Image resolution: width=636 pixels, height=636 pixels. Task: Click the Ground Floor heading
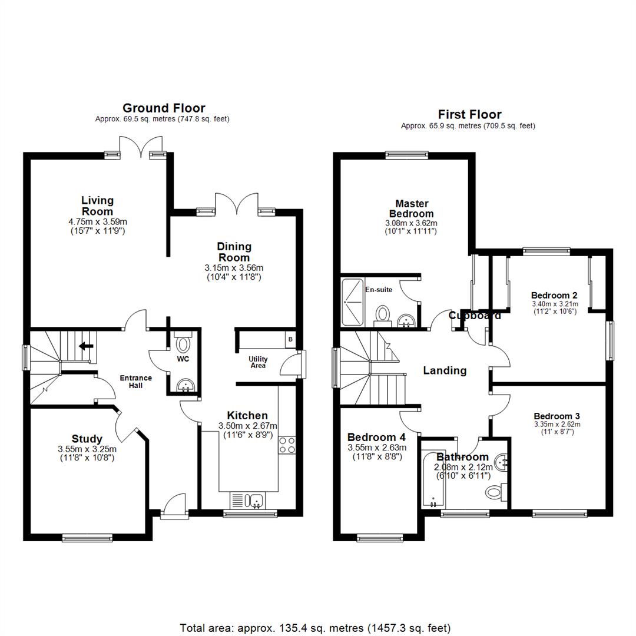click(164, 108)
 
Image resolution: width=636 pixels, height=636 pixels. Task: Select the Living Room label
click(97, 206)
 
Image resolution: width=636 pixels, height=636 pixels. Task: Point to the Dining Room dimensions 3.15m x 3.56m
click(234, 267)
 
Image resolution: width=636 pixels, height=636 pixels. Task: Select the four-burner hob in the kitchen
click(287, 445)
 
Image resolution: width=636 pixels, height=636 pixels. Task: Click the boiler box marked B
click(290, 340)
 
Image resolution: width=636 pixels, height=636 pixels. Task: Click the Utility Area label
click(258, 362)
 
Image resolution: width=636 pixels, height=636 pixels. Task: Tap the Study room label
click(87, 439)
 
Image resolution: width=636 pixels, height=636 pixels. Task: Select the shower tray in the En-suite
click(353, 302)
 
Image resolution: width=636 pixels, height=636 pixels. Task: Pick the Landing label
click(445, 370)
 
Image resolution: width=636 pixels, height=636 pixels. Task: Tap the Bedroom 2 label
click(554, 296)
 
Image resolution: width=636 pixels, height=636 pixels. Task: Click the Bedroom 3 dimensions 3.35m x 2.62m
click(557, 424)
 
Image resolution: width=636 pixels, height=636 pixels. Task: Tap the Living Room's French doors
click(141, 146)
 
